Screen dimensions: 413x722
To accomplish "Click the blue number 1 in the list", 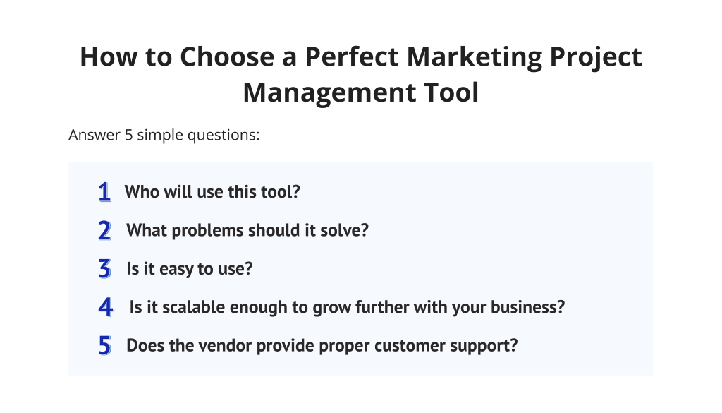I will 104,192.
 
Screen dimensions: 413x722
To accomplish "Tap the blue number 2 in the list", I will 105,230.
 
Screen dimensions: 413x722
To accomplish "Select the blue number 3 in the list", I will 105,269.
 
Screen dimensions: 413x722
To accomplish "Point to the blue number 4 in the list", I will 106,307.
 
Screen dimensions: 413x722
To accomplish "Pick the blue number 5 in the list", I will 105,346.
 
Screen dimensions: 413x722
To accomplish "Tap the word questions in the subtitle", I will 223,135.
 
